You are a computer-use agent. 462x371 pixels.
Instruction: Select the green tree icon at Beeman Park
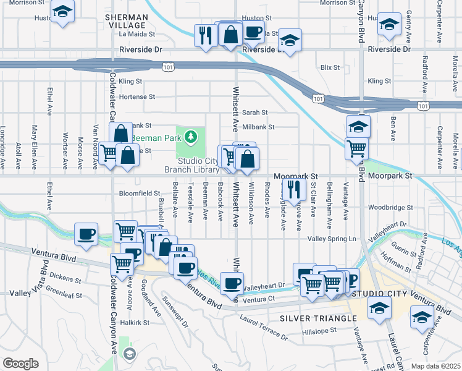click(x=192, y=135)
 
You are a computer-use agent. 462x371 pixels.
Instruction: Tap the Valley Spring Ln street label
click(x=332, y=239)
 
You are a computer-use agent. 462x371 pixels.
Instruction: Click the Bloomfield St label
click(x=140, y=193)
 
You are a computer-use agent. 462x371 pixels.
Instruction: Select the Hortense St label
click(x=136, y=97)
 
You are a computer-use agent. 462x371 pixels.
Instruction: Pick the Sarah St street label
click(x=254, y=113)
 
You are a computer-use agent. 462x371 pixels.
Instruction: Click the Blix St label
click(x=331, y=67)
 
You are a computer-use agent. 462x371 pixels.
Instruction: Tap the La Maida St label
click(x=137, y=35)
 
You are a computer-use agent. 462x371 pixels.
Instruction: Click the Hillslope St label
click(x=319, y=330)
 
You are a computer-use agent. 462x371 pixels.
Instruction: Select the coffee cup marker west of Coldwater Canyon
click(x=86, y=234)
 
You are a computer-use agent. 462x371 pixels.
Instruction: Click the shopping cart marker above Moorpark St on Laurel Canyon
click(x=356, y=148)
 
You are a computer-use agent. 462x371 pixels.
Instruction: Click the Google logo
click(x=20, y=364)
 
